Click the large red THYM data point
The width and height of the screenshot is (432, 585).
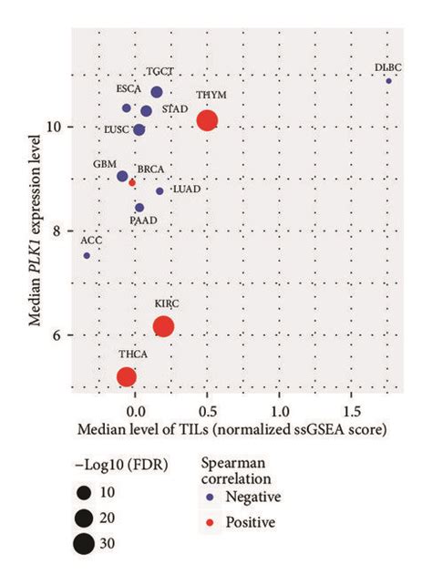[207, 120]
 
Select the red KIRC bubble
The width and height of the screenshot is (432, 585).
[163, 327]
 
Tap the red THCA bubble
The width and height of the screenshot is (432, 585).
[127, 376]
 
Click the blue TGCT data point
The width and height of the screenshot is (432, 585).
[157, 92]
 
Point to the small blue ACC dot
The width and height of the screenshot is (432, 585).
[87, 256]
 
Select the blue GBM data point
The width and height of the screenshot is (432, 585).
[122, 176]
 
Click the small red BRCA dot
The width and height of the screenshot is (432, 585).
[132, 183]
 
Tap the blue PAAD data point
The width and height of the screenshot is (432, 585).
[139, 208]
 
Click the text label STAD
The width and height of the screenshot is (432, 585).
[175, 109]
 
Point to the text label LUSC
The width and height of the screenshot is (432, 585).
[110, 130]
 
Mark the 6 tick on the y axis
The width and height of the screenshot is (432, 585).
[64, 335]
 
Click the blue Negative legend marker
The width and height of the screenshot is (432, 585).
[209, 497]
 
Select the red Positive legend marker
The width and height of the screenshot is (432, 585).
[209, 522]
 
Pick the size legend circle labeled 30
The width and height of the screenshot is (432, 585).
[85, 545]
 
